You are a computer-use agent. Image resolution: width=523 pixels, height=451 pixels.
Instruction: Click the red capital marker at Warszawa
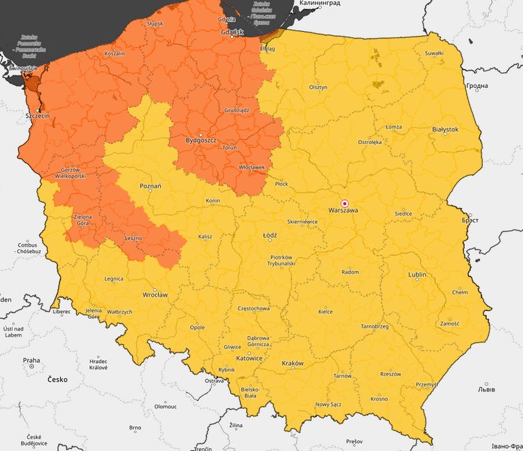tap(345, 194)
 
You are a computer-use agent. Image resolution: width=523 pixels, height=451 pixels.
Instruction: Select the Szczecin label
tap(37, 115)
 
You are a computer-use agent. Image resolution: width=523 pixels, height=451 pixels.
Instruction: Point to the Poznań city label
tap(150, 186)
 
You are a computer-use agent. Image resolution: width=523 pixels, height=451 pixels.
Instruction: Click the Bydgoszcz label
tap(201, 141)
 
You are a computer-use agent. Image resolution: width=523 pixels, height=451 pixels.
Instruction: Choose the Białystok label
tap(445, 130)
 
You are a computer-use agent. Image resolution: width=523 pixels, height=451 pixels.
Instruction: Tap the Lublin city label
tap(417, 274)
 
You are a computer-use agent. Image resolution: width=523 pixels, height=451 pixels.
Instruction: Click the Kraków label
tap(293, 363)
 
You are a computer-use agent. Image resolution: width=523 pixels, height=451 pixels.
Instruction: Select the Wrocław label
tap(154, 294)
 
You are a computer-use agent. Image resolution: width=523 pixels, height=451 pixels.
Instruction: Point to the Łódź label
tap(270, 236)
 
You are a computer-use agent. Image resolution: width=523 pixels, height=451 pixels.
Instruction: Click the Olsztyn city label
tap(318, 87)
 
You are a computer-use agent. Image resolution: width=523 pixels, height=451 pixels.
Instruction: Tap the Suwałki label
tap(434, 53)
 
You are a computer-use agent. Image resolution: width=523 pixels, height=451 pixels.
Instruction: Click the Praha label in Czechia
tap(31, 360)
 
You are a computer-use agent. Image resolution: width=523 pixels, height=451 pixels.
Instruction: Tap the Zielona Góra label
tap(82, 220)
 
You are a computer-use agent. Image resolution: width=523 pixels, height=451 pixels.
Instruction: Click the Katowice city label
tap(249, 358)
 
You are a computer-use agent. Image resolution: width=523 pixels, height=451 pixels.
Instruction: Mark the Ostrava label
tap(214, 381)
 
